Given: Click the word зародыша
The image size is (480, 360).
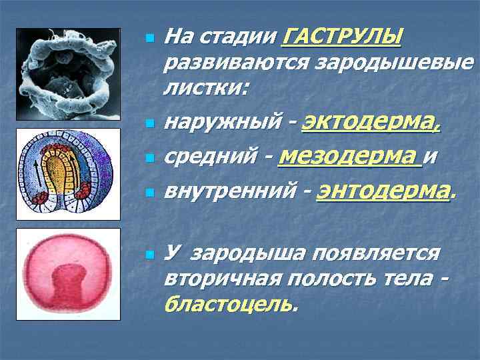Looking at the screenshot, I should (x=257, y=253).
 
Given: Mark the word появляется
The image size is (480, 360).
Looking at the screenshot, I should (x=378, y=253).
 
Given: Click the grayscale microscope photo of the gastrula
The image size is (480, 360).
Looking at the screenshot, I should (x=68, y=73).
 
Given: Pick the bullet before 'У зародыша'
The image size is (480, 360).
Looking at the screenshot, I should (x=149, y=255).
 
